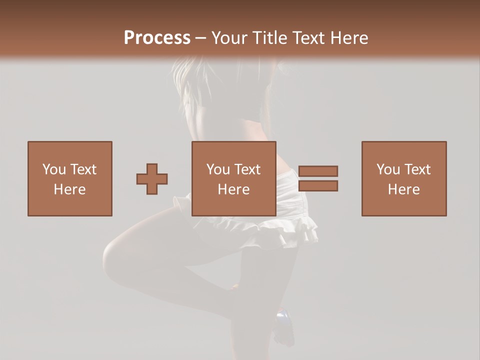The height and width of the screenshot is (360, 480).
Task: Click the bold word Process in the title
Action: pos(157,38)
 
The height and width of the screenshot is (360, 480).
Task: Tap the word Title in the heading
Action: pos(269,38)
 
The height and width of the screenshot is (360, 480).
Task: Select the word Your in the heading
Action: pos(229,38)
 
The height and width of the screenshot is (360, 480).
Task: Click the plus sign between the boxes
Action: pos(152,178)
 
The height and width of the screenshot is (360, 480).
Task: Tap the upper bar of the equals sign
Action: pos(318,171)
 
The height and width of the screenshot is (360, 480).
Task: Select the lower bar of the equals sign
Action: pos(318,185)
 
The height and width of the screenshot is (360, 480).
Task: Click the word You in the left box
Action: pos(54,169)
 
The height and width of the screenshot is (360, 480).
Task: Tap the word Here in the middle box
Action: pos(234,189)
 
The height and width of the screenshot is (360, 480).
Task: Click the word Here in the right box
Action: pos(404,189)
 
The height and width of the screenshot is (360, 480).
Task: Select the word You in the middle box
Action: pos(218,169)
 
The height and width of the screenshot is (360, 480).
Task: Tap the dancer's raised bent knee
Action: pos(113,255)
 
